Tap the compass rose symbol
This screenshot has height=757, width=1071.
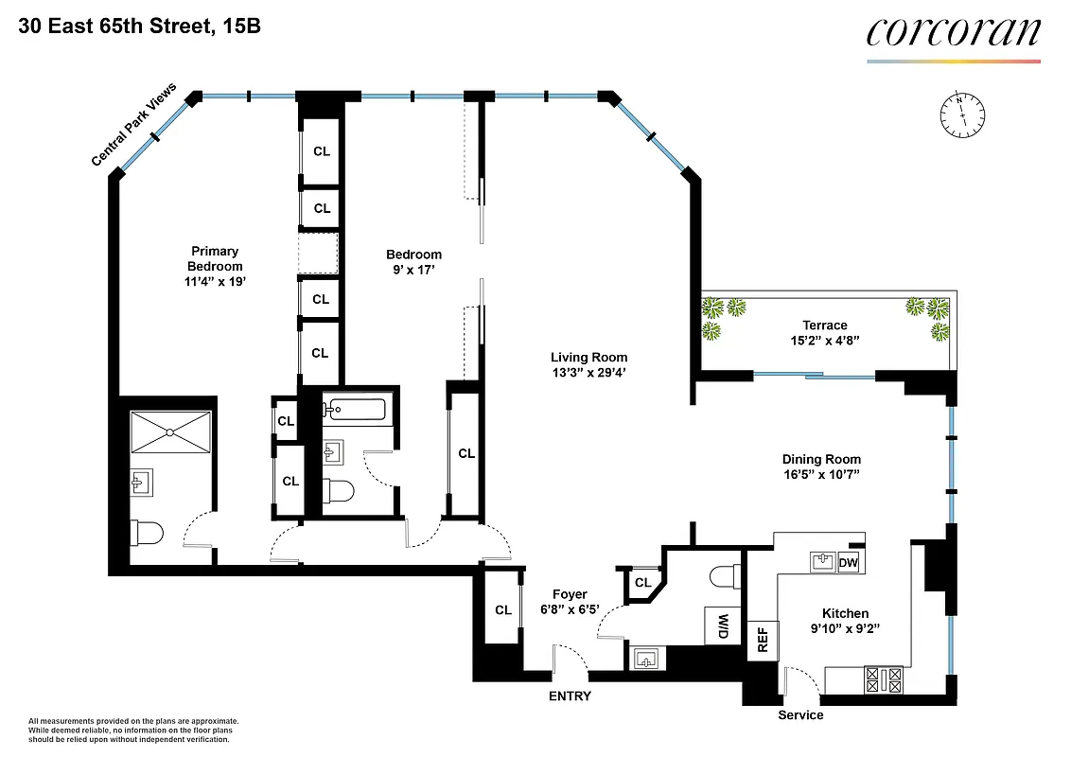(960, 113)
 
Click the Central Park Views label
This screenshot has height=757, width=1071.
(134, 125)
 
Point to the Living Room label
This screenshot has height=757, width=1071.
(588, 357)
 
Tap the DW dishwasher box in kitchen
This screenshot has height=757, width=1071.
(848, 563)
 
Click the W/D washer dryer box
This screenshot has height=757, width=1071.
(722, 625)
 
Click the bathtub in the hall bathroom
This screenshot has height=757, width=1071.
(354, 410)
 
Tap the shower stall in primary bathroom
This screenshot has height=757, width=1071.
(169, 431)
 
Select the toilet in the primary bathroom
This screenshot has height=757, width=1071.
(147, 533)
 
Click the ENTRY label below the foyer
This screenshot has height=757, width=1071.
(570, 696)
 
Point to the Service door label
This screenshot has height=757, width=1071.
(800, 714)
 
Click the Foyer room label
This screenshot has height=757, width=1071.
(570, 594)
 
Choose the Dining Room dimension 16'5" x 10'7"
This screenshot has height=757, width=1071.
(819, 474)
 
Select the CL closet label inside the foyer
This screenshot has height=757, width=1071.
(503, 610)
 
